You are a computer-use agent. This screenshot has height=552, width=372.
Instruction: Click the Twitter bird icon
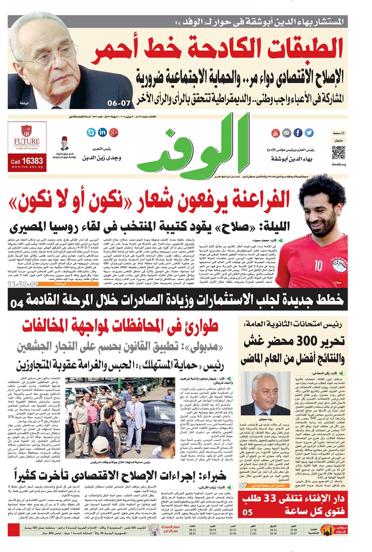(309, 133)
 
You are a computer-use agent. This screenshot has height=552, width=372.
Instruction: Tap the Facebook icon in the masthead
(298, 133)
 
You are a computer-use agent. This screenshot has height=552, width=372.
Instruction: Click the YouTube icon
(275, 133)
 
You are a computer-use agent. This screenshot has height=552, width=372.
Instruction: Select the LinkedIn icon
(103, 132)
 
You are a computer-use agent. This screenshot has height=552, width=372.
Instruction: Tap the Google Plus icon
(114, 132)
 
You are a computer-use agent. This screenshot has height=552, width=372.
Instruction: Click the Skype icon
(92, 132)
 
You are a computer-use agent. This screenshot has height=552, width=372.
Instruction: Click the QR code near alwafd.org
(339, 153)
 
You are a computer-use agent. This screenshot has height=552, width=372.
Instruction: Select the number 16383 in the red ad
(33, 160)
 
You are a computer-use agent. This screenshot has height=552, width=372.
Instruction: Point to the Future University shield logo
(27, 131)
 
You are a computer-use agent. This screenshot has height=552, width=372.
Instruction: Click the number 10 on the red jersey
(318, 265)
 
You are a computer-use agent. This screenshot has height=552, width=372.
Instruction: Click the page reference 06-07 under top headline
(119, 103)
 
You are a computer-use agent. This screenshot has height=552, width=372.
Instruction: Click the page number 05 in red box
(247, 512)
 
